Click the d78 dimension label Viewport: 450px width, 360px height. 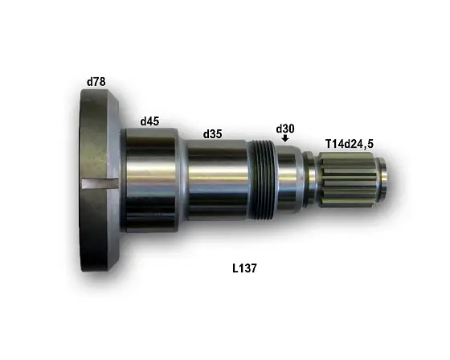click(96, 81)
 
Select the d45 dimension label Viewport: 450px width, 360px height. click(149, 121)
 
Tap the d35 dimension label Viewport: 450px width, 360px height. click(212, 133)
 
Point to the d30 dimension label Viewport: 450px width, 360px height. click(285, 129)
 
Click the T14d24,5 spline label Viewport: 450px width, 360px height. click(349, 143)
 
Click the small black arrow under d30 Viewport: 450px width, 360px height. click(285, 140)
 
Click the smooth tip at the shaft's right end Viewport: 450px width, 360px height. click(384, 181)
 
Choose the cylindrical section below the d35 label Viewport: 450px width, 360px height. click(215, 181)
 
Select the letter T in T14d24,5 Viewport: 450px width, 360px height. click(328, 143)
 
